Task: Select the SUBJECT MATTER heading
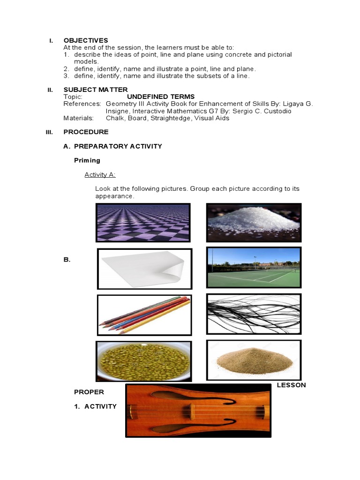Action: click(x=95, y=90)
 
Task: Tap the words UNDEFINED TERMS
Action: click(x=161, y=97)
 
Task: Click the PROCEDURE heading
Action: click(x=86, y=132)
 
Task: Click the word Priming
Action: click(x=87, y=160)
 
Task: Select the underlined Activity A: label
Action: click(x=100, y=175)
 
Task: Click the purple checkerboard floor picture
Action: click(x=143, y=222)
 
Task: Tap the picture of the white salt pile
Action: click(x=254, y=222)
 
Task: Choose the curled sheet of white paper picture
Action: click(x=144, y=269)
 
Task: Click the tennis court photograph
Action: click(x=254, y=267)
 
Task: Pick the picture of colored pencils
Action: click(x=144, y=315)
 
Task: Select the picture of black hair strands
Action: click(x=254, y=314)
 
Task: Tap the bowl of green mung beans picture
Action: click(x=143, y=361)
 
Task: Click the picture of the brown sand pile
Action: click(x=254, y=360)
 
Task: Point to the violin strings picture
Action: click(x=198, y=410)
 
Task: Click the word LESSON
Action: click(x=291, y=385)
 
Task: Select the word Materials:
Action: click(x=78, y=118)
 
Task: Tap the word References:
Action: click(x=82, y=104)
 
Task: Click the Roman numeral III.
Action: click(x=50, y=132)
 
